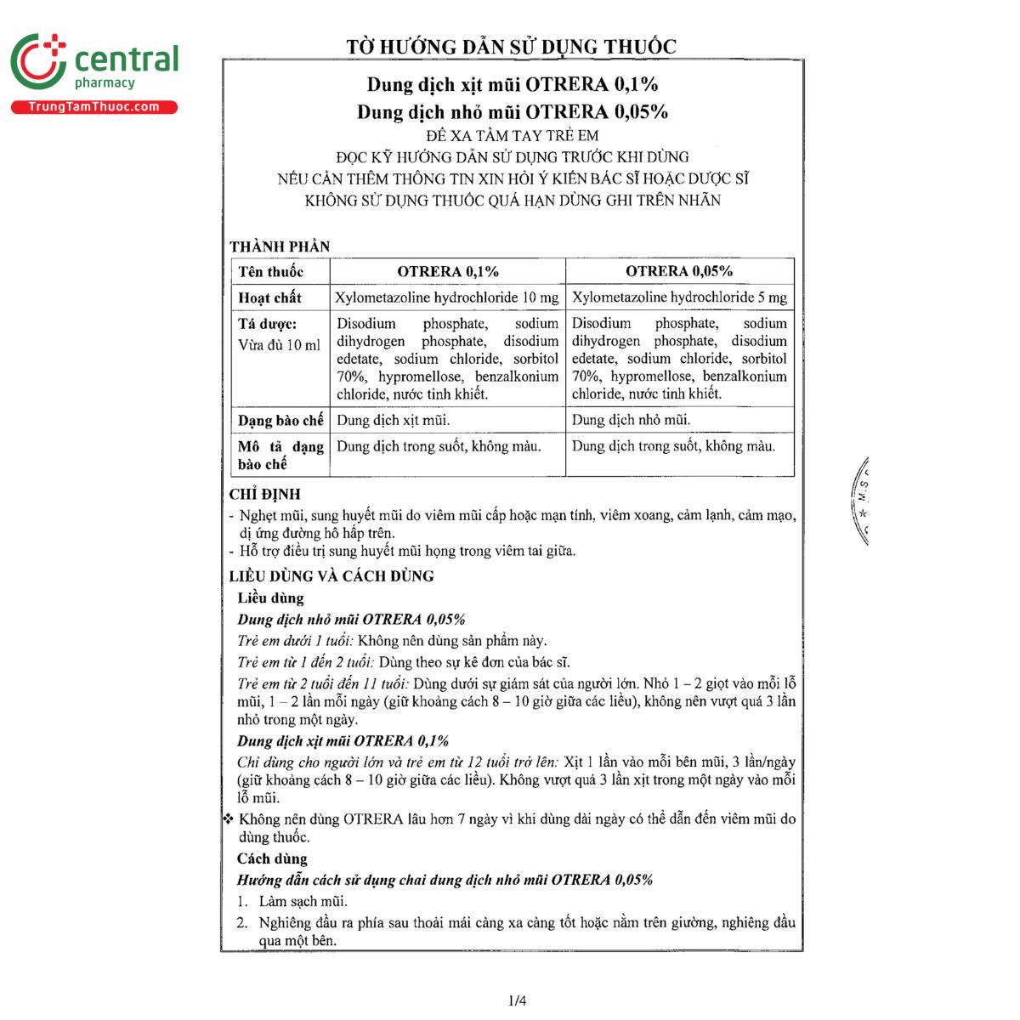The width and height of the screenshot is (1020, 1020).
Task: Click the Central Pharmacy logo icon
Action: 38,62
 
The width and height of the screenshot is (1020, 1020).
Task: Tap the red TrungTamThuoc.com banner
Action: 93,107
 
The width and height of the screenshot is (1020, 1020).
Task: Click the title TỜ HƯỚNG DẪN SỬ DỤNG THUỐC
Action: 511,47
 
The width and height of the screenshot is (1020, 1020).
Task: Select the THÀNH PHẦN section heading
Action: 280,246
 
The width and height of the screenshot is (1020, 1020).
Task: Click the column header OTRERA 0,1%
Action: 448,271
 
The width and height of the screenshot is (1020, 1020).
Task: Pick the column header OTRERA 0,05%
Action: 679,271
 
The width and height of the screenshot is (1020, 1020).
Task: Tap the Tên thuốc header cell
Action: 271,272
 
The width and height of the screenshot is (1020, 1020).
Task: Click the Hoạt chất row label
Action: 269,297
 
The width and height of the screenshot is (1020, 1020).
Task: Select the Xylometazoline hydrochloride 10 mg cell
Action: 447,297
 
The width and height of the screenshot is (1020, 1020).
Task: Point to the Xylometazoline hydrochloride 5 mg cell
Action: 679,297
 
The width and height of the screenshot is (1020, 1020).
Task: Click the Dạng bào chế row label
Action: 280,421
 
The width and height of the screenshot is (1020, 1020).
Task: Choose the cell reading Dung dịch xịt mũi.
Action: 394,420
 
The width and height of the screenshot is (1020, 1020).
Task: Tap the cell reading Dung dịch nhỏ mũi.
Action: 631,420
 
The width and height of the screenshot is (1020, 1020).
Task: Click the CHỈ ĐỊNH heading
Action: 265,494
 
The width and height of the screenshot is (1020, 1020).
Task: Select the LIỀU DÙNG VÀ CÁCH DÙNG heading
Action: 331,575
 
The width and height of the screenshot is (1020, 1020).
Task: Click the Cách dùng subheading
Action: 272,858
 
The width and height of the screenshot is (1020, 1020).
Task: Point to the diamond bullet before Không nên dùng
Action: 228,819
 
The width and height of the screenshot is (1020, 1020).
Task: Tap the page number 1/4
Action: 517,1000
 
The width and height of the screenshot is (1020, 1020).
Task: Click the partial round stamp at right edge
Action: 859,501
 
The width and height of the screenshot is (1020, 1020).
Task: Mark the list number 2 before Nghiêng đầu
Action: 242,923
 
